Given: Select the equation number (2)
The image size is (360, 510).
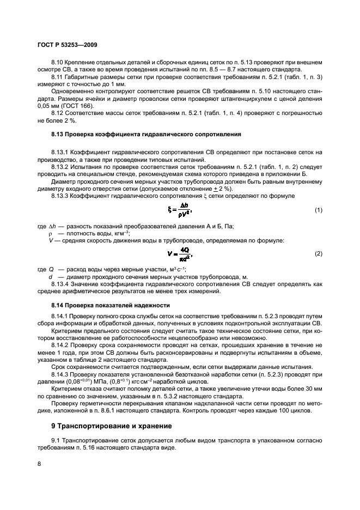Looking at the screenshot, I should [318, 254].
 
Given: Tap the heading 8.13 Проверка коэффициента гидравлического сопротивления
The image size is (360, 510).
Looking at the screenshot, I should [143, 134].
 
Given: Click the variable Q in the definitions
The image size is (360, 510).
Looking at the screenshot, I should [51, 269].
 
